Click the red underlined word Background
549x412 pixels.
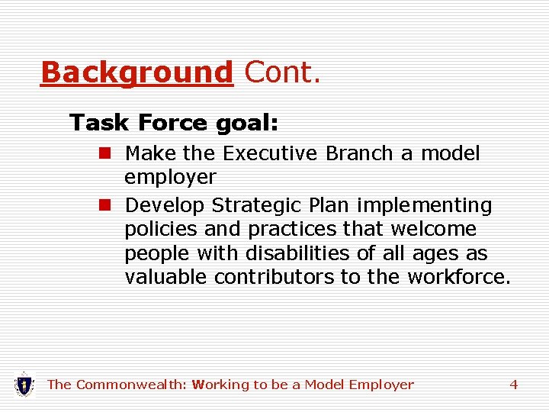point(136,73)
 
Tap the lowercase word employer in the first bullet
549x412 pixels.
point(170,178)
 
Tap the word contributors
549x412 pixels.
point(274,276)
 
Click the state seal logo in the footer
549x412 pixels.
point(24,384)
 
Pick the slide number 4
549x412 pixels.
point(513,385)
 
